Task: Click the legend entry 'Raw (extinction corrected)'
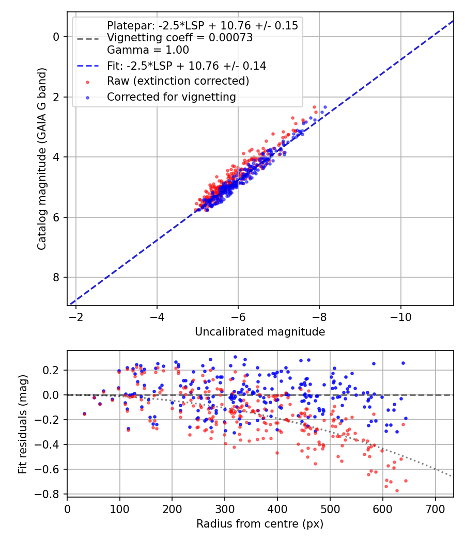178,81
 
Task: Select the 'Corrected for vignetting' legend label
171,97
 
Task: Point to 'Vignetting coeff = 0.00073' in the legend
180,38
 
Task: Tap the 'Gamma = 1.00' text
148,50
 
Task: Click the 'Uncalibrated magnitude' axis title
260,332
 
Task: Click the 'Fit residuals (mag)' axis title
22,424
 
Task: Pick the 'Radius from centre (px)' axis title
260,524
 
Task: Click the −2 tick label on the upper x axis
76,316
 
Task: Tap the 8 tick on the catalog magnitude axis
57,278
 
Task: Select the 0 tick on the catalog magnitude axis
57,37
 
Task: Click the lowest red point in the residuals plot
397,490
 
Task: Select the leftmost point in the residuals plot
84,414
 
